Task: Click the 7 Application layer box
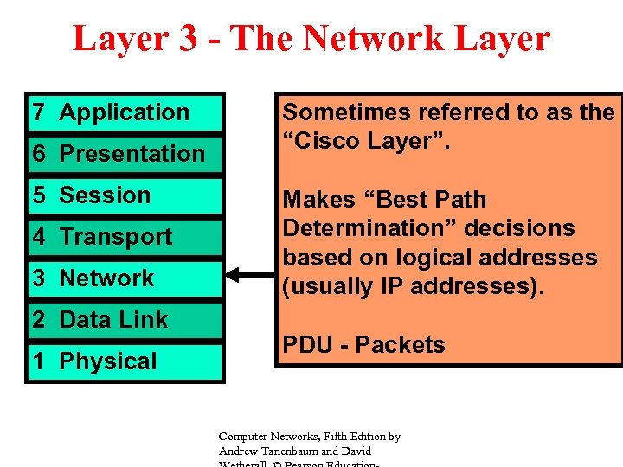click(125, 112)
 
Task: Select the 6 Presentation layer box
click(125, 154)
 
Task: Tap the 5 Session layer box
click(125, 195)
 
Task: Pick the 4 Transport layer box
click(125, 237)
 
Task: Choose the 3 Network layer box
click(125, 278)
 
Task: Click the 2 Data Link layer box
click(125, 320)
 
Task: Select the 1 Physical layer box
click(125, 361)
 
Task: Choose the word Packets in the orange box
click(400, 345)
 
